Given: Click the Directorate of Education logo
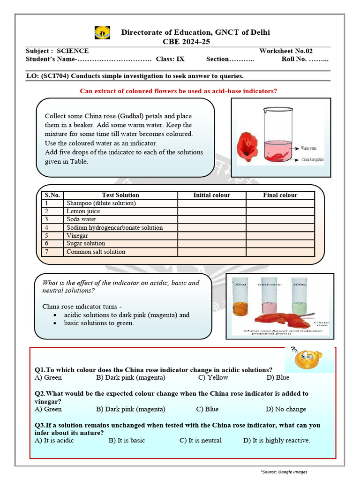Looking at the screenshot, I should (x=103, y=33).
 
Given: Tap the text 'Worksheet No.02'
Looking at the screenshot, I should (x=285, y=51).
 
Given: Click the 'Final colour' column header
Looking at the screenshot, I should (x=280, y=195).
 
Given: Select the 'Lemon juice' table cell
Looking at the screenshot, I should (x=83, y=211).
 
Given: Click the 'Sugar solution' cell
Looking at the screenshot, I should (x=86, y=243).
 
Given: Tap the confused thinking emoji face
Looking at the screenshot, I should (x=306, y=359).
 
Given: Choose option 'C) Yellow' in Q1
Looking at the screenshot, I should (x=213, y=377).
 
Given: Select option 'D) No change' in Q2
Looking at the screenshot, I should (x=285, y=409).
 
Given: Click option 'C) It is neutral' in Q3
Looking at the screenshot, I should (x=200, y=441).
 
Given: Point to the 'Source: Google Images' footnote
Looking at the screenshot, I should (x=284, y=472).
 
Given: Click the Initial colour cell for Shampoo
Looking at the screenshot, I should (x=211, y=203).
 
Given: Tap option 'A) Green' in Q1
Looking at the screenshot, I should (x=48, y=377).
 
